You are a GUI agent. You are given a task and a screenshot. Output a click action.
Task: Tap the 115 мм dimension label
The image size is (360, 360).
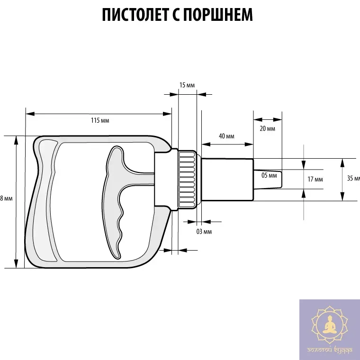click(x=100, y=120)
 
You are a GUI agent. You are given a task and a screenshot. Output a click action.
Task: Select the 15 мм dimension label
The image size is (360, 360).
click(x=187, y=85)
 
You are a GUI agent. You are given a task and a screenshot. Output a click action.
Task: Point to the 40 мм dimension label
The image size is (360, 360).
click(x=226, y=136)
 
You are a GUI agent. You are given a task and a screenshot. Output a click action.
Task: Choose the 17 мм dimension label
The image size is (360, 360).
click(x=315, y=180)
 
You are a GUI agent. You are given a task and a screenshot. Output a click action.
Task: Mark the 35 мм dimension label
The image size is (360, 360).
click(x=353, y=179)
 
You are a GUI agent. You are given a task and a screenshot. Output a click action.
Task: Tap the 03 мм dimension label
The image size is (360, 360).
click(x=204, y=231)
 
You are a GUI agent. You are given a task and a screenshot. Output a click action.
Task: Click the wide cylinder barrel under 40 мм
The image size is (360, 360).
click(x=227, y=179)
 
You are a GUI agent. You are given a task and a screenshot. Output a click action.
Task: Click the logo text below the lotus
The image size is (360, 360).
click(x=329, y=351)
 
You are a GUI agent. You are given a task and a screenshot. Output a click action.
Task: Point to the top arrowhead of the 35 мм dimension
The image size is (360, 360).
click(x=342, y=162)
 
